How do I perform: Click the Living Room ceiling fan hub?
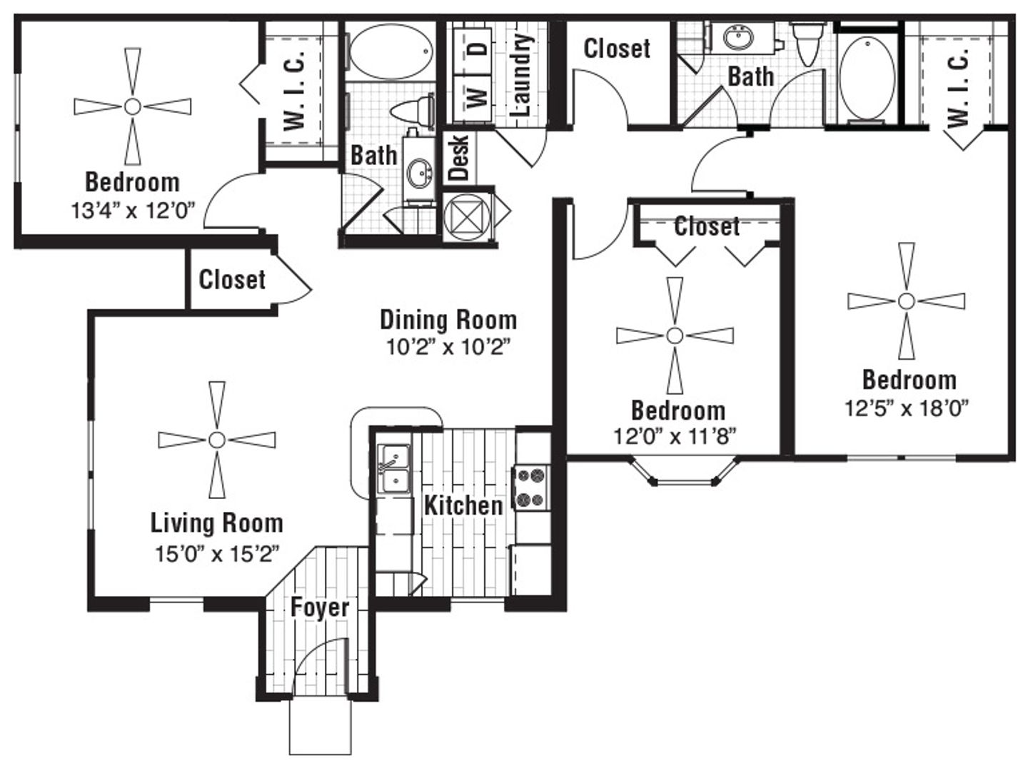coord(217,440)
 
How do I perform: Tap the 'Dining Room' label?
coord(448,321)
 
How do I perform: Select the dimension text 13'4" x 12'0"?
coord(133,211)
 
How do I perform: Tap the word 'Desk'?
coord(459,158)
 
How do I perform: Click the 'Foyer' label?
coord(320,608)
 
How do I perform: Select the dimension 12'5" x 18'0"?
coord(907,408)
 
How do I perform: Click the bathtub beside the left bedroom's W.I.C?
coord(391,51)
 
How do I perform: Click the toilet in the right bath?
coord(808,42)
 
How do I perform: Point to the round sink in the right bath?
coord(738,37)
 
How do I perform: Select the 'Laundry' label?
coord(523,75)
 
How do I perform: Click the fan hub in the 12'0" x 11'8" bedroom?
coord(675,336)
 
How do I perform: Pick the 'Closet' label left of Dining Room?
coord(232,280)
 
